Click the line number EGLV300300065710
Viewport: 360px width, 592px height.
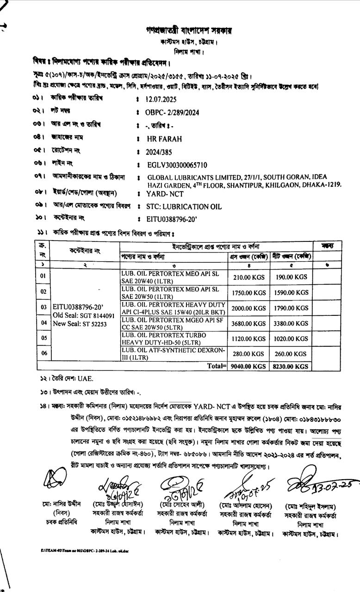[x=177, y=165]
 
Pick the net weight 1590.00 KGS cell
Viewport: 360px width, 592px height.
[x=292, y=293]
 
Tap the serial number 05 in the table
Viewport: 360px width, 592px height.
[x=43, y=338]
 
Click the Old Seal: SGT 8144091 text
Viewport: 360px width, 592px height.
[x=84, y=315]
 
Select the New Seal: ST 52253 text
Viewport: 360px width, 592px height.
[x=80, y=324]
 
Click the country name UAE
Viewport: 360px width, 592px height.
[x=85, y=379]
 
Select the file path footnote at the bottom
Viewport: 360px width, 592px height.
[x=84, y=550]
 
